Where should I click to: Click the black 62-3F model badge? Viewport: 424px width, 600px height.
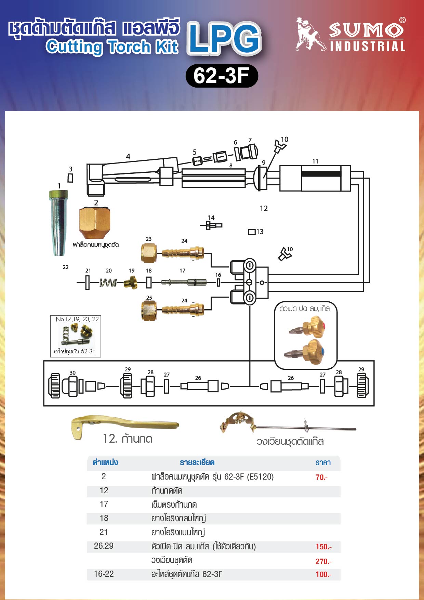(x=222, y=76)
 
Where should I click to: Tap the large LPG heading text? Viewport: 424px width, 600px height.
(x=224, y=38)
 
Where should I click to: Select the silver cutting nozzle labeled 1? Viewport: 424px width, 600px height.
(x=58, y=223)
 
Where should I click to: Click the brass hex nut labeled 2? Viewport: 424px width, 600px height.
(x=95, y=223)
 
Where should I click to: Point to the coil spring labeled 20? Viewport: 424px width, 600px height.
(x=108, y=283)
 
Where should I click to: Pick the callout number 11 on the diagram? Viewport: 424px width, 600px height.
(x=315, y=161)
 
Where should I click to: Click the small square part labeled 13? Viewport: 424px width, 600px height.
(x=252, y=232)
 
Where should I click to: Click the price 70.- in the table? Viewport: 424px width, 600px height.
(x=321, y=477)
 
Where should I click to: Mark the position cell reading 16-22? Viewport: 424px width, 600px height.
(x=104, y=574)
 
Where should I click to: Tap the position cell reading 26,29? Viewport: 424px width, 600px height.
(x=104, y=546)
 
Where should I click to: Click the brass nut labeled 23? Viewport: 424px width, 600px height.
(x=149, y=253)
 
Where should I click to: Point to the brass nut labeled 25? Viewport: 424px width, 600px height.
(x=149, y=310)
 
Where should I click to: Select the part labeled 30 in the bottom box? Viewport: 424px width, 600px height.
(x=55, y=386)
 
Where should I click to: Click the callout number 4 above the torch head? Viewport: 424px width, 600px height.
(x=128, y=157)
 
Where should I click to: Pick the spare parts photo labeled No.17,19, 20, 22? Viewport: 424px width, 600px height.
(x=76, y=336)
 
